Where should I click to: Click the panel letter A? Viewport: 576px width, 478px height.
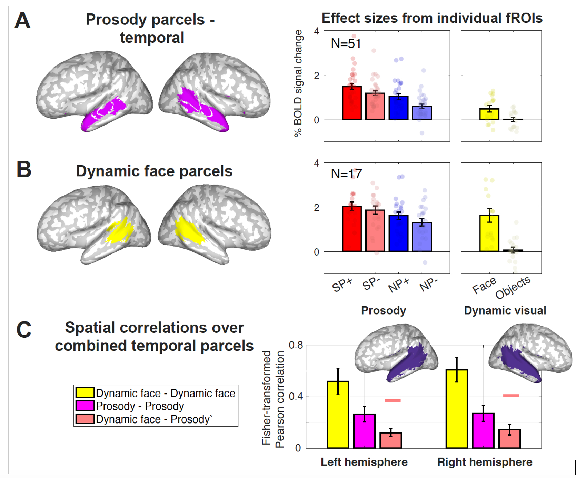click(x=22, y=20)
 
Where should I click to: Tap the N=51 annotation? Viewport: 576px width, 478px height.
click(x=346, y=44)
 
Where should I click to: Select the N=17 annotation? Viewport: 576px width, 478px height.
click(x=346, y=174)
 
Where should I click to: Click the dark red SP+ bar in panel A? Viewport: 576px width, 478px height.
click(x=352, y=103)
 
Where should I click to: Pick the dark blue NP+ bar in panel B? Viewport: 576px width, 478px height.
click(x=399, y=233)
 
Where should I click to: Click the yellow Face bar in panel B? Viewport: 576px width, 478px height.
click(x=489, y=233)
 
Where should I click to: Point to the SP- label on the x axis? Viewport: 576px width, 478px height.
click(x=371, y=285)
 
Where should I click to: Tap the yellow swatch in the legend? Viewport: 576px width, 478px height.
click(x=85, y=393)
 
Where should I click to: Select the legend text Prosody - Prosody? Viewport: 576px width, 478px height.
click(x=140, y=406)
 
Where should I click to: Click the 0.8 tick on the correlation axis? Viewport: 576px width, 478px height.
click(x=296, y=345)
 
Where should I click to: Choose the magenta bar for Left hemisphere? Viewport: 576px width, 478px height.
click(x=364, y=431)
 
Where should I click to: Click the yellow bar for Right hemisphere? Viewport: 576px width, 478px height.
click(x=457, y=409)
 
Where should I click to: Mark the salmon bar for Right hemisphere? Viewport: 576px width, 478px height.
click(x=510, y=439)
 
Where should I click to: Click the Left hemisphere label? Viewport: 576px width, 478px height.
click(x=364, y=462)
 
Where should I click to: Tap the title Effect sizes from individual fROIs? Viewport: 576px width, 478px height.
click(x=432, y=18)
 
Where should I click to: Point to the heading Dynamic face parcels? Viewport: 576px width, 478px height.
click(x=154, y=171)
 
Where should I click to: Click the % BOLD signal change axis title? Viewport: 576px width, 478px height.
click(x=298, y=83)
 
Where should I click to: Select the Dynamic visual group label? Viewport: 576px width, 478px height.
click(x=505, y=310)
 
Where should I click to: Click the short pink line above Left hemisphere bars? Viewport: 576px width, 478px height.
click(x=393, y=400)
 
